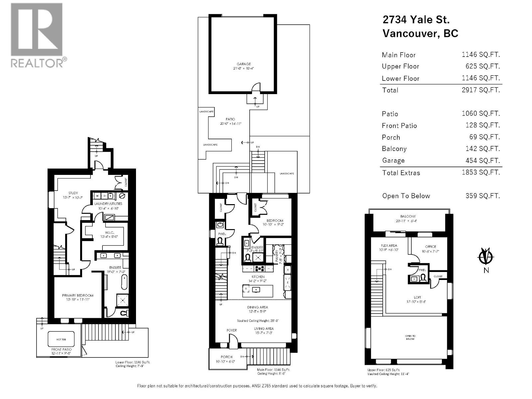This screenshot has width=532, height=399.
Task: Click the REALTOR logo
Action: (37, 35)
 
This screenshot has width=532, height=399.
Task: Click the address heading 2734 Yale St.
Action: (416, 20)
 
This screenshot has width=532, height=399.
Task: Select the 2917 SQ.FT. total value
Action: (480, 90)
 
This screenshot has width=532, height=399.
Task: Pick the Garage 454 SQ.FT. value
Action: (482, 160)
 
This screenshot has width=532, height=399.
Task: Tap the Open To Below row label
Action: (406, 196)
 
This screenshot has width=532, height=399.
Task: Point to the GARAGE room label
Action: (244, 64)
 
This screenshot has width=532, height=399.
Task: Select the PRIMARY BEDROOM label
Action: (77, 295)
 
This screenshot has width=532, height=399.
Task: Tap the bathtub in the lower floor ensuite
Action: (124, 282)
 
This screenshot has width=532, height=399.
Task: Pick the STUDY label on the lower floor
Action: (73, 193)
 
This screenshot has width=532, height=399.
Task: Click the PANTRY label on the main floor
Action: (277, 256)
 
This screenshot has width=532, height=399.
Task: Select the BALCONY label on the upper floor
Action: (408, 216)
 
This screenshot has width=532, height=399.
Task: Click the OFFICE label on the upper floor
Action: (430, 246)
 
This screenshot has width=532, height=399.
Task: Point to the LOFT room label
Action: (417, 297)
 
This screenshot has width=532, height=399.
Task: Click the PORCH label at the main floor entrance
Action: (226, 357)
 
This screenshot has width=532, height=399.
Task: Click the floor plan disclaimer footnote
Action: (257, 386)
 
